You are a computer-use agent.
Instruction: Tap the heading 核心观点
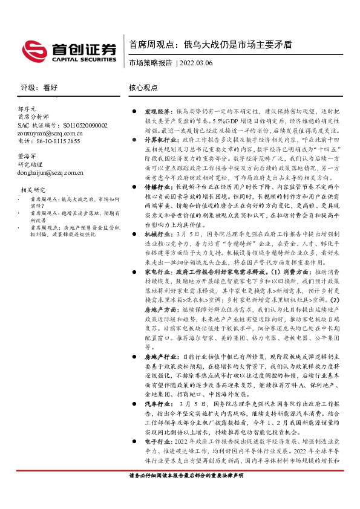143,88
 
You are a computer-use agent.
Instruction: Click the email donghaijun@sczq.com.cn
52,172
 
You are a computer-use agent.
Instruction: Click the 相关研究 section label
33,189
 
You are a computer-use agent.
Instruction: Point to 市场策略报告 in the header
151,62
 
